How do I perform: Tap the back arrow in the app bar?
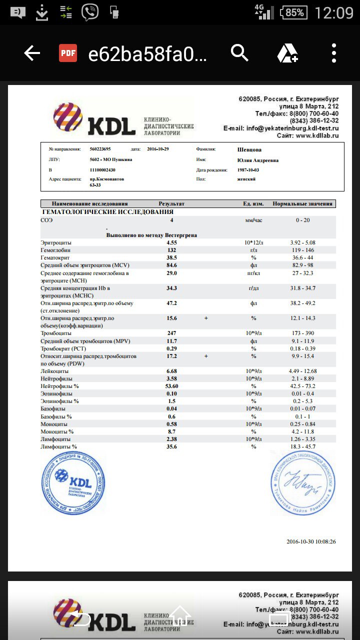click(32, 53)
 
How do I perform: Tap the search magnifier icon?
click(239, 52)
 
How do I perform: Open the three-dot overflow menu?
click(334, 53)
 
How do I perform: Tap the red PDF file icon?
click(68, 53)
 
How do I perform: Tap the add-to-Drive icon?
click(287, 53)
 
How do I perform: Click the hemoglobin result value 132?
click(171, 250)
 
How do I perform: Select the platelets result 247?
click(171, 333)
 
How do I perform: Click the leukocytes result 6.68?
click(171, 371)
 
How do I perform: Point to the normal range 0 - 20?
click(302, 220)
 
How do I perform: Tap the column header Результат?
click(171, 203)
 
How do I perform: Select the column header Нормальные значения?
click(302, 203)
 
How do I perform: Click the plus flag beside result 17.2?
click(205, 356)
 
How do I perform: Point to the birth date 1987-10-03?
click(248, 170)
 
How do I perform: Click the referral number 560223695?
click(100, 149)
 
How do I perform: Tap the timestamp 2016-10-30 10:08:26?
click(310, 541)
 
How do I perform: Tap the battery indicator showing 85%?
click(294, 12)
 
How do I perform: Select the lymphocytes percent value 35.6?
click(171, 446)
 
